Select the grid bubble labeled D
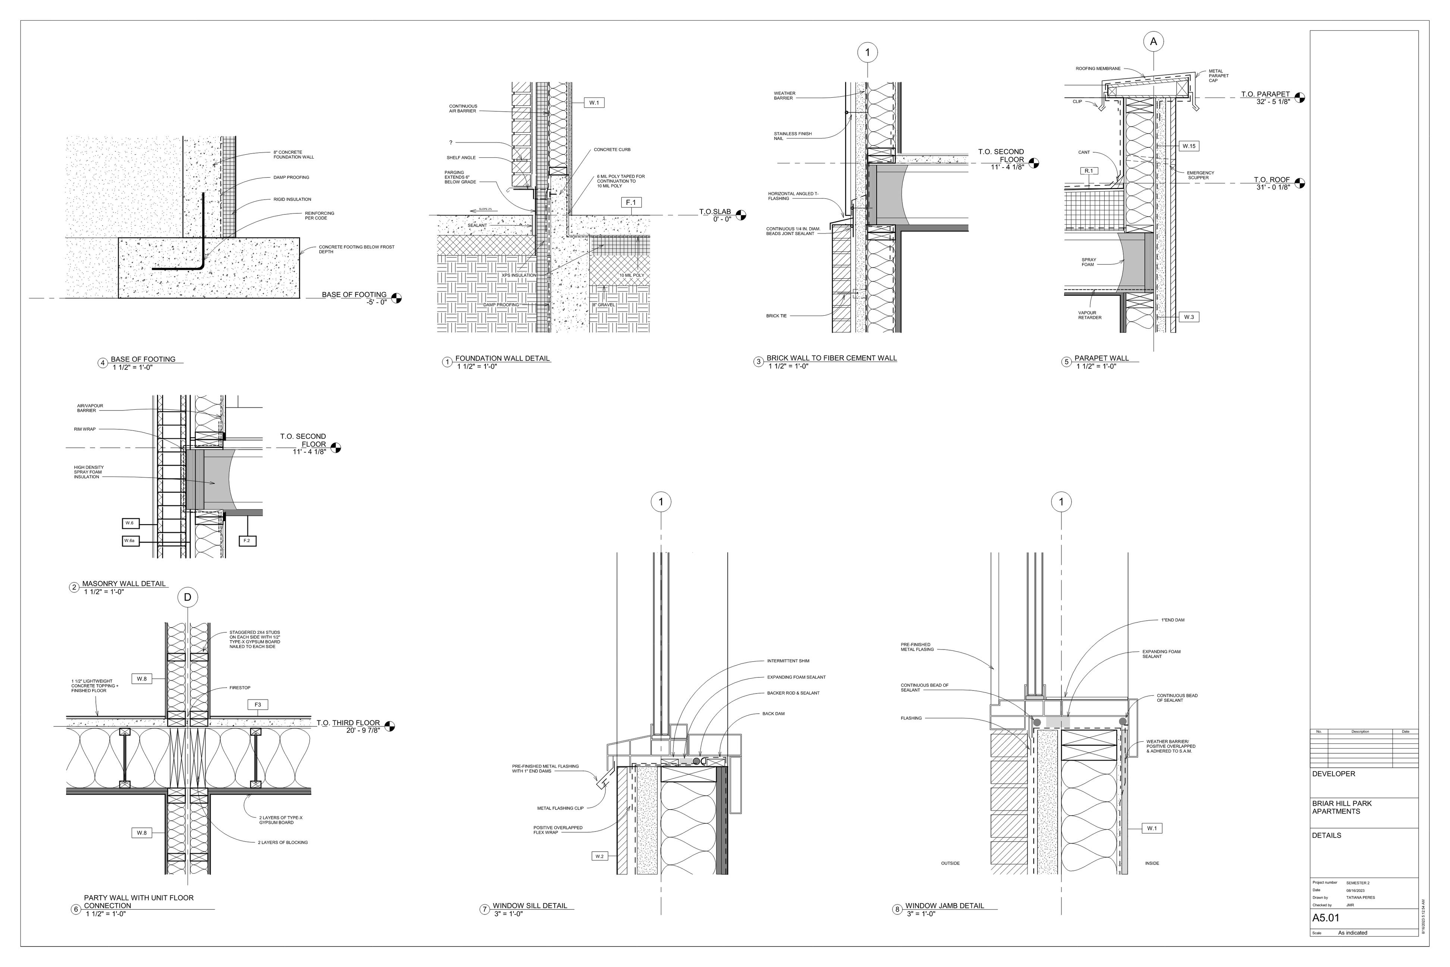tap(188, 597)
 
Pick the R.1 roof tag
tap(1089, 171)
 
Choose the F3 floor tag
tap(258, 704)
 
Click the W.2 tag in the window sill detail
tap(599, 856)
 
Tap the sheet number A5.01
tap(1326, 918)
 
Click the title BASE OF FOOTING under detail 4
tap(143, 359)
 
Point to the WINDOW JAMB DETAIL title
tap(944, 906)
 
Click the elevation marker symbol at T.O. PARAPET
tap(1300, 97)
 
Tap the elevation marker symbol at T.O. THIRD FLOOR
tap(389, 726)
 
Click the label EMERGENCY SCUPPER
tap(1201, 175)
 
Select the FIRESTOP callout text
tap(240, 688)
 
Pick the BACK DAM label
tap(773, 714)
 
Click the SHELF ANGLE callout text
tap(461, 158)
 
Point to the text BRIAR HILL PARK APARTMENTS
tap(1341, 807)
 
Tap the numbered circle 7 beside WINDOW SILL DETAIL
tap(485, 910)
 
